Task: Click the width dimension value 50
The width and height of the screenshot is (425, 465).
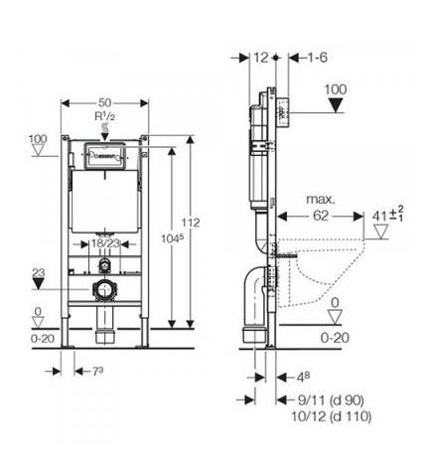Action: point(104,102)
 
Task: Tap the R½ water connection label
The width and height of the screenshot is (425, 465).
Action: point(105,116)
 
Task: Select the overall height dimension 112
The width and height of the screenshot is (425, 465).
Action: point(191,223)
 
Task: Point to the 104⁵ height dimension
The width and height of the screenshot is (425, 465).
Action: point(172,238)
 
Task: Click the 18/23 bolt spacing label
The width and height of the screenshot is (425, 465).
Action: point(105,243)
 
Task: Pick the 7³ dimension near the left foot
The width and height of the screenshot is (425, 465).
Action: point(97,371)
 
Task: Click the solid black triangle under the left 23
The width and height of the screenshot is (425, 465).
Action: point(39,284)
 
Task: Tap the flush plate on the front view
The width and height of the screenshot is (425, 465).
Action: point(104,155)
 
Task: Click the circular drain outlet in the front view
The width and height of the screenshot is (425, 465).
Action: point(105,289)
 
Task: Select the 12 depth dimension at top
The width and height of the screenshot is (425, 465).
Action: point(261,58)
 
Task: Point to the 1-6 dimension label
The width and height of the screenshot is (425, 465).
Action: point(317,58)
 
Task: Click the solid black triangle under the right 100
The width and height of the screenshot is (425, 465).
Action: point(337,105)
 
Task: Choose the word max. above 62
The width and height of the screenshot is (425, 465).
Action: point(321,200)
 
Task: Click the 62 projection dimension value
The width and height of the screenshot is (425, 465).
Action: point(321,216)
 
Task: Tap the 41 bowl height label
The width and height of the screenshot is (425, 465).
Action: point(387,216)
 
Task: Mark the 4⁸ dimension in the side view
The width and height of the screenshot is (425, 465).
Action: point(303,377)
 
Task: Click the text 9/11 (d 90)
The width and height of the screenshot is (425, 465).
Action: point(331,400)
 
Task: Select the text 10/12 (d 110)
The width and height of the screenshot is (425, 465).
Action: point(332,416)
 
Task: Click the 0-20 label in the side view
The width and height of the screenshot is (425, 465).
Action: point(335,338)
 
